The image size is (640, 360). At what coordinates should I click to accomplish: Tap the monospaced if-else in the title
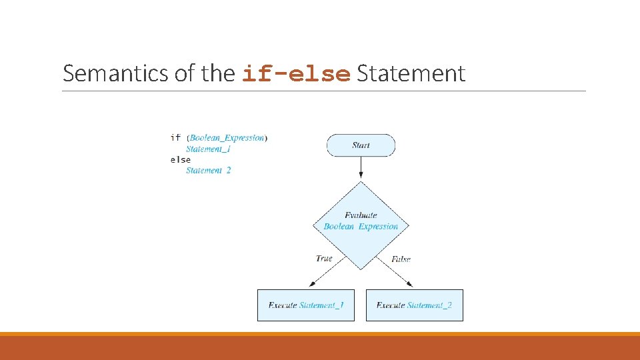coord(296,74)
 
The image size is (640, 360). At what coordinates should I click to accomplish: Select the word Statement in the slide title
coord(411,73)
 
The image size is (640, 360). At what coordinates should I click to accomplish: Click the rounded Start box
coord(361,145)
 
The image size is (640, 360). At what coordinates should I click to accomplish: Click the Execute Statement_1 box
coord(306,305)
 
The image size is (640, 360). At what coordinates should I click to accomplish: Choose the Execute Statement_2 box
coord(414,305)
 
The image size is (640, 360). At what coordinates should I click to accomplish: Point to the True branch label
coord(324,259)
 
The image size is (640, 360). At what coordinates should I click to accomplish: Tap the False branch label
coord(401,259)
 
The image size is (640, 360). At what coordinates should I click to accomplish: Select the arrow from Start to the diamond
coord(361,169)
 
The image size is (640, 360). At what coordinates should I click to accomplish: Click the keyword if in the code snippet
coord(175,138)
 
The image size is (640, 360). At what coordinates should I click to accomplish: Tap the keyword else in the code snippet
coord(181,160)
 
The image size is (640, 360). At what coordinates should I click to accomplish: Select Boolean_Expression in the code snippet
coord(227,138)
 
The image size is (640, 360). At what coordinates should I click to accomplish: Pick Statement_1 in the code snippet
coord(208,149)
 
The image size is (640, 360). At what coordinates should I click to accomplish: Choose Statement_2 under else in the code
coord(208,171)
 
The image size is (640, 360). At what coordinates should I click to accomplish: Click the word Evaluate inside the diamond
coord(361,215)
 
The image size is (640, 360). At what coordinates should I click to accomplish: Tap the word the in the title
coord(218,73)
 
